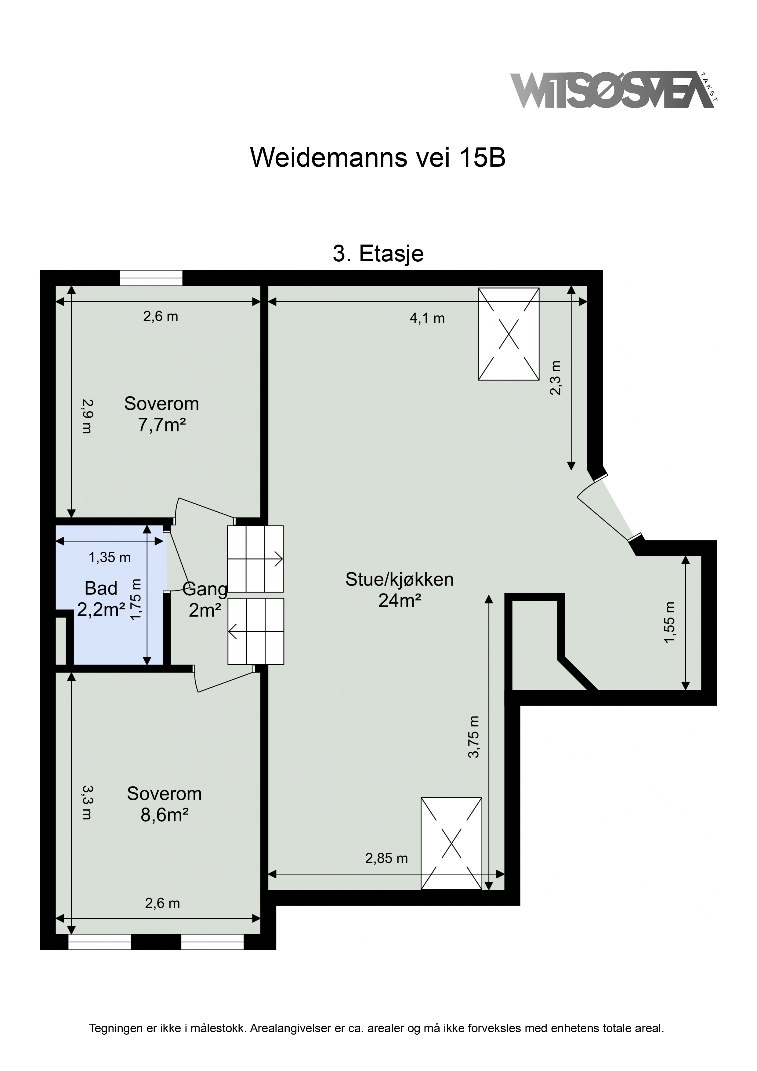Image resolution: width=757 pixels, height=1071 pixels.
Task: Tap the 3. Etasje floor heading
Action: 378,254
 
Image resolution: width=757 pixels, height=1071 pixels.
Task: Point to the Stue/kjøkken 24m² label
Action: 400,590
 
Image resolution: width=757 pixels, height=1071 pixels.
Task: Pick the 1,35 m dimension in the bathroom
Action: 110,557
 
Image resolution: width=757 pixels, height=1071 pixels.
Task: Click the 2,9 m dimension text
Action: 87,416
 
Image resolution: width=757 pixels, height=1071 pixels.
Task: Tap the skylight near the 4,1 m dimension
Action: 509,334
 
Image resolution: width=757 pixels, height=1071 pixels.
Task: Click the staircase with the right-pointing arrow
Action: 255,559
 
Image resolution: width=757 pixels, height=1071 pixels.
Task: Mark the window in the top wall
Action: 151,278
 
